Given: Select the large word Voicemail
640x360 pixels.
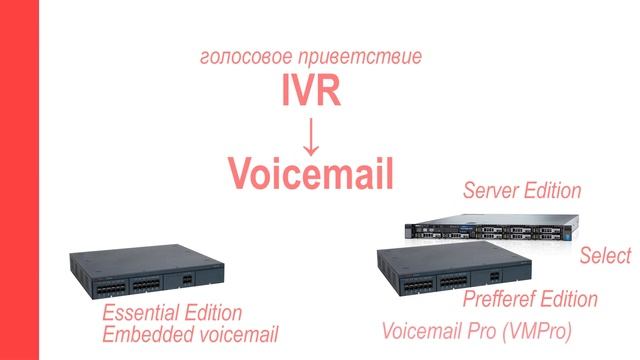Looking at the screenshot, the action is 311,172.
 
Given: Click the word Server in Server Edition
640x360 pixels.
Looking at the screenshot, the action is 491,190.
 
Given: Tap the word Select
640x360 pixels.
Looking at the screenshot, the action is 605,256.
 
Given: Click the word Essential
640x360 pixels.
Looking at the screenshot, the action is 143,313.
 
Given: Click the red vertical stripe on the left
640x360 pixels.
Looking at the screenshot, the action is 19,180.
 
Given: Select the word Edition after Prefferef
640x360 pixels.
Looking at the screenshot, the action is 571,299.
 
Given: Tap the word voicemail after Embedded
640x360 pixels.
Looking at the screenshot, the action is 235,334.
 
